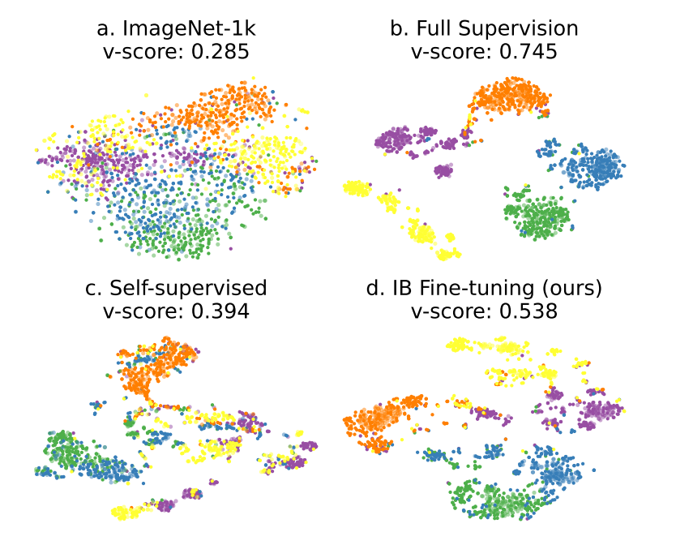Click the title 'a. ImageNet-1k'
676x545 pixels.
coord(170,29)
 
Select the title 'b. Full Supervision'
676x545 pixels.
coord(484,29)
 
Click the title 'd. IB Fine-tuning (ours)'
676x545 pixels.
coord(484,288)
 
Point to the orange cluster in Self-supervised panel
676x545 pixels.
coord(151,369)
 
